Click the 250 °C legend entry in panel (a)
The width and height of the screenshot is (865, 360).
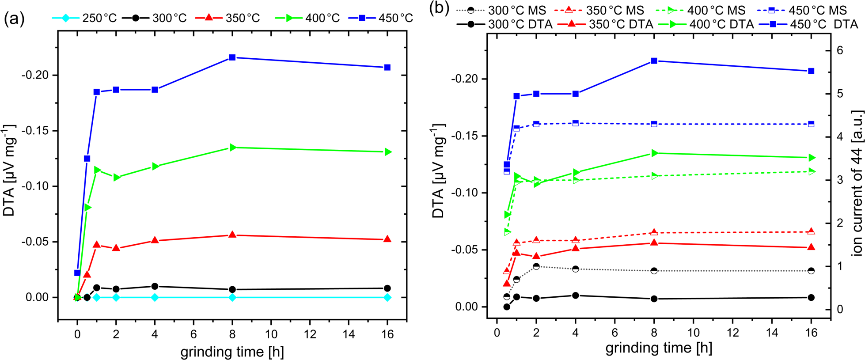click(84, 18)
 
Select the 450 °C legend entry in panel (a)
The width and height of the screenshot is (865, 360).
click(380, 18)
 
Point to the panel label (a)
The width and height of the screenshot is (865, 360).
click(14, 19)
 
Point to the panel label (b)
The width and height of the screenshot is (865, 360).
click(440, 10)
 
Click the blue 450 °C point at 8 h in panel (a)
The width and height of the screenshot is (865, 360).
click(232, 57)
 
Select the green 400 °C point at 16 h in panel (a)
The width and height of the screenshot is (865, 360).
click(387, 152)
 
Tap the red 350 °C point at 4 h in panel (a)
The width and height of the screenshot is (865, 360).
click(155, 240)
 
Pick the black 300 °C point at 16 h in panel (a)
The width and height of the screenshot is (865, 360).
click(387, 288)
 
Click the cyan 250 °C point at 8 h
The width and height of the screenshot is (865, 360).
click(232, 298)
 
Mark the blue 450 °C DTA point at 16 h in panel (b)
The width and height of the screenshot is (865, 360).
click(811, 71)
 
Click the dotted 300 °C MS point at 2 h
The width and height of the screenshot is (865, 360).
click(536, 266)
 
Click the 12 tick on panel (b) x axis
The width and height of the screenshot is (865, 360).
click(733, 332)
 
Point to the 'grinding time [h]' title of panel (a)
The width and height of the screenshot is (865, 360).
click(232, 352)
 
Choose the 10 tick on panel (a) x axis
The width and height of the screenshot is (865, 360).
click(271, 334)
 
